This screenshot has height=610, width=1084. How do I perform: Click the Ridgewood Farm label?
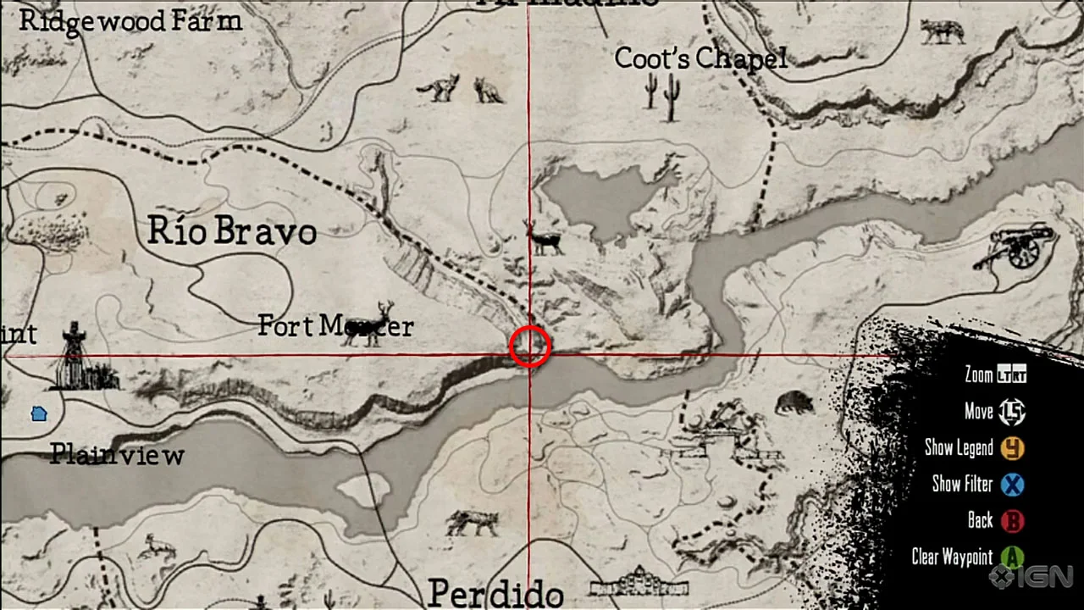tap(130, 20)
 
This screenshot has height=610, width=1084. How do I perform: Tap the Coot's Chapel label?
tap(700, 58)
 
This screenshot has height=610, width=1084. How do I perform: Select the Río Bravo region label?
tap(232, 230)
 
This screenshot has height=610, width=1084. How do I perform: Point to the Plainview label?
tap(117, 455)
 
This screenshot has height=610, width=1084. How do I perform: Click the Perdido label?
tap(495, 593)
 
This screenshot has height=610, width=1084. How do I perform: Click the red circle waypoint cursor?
tap(530, 347)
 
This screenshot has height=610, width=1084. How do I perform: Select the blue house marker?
tap(39, 414)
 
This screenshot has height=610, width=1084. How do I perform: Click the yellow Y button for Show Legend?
tap(1012, 448)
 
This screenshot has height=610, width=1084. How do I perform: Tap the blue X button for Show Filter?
tap(1012, 485)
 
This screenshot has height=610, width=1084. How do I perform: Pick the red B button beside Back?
tap(1012, 521)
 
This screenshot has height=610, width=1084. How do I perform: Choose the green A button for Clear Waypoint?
tap(1012, 557)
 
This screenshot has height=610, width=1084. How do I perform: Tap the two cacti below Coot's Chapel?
tap(662, 95)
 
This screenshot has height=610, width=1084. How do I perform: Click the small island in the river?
tap(365, 490)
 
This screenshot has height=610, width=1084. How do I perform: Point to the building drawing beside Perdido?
tap(640, 583)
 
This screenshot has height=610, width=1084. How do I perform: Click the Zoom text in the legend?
tap(978, 374)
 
